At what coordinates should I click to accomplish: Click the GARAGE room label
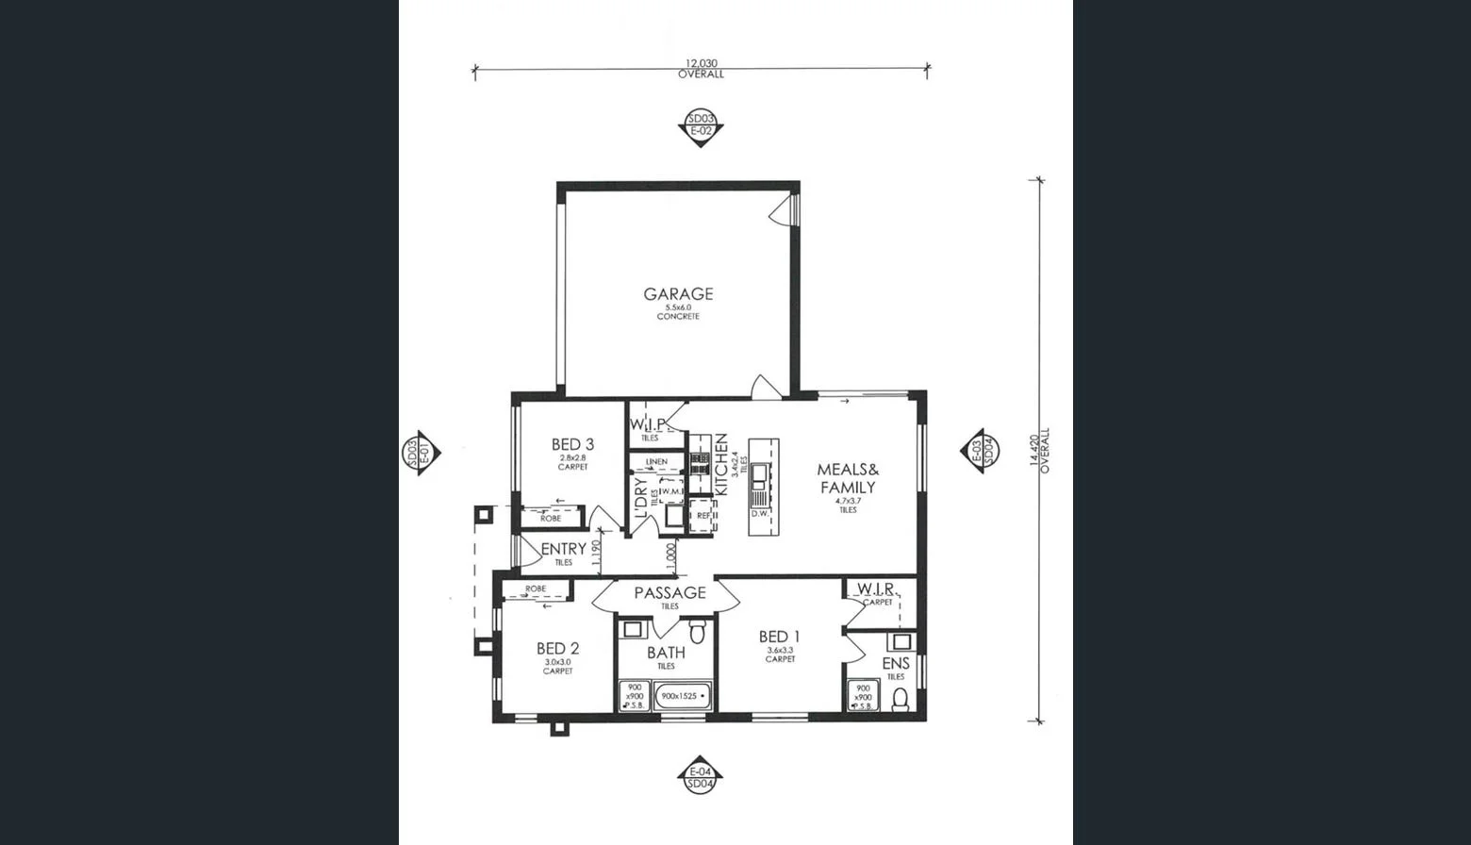(x=678, y=294)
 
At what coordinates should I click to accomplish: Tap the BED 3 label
(x=572, y=444)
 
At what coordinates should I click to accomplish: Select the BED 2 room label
(x=557, y=649)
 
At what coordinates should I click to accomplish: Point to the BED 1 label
(x=780, y=638)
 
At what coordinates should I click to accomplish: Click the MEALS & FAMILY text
(x=848, y=478)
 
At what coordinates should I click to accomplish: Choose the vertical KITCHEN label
(x=721, y=464)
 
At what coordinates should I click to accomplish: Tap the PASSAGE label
(x=669, y=593)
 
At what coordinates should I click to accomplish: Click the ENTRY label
(x=563, y=549)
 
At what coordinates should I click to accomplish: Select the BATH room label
(x=666, y=653)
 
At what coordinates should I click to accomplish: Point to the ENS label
(x=896, y=664)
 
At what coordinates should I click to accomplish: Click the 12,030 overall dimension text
(x=701, y=64)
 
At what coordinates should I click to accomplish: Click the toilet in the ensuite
(x=901, y=699)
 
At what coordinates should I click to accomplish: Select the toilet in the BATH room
(x=698, y=630)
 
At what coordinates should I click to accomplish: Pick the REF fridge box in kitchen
(x=702, y=516)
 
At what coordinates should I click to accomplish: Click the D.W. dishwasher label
(x=760, y=514)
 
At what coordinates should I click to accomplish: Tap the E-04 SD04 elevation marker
(x=700, y=777)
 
